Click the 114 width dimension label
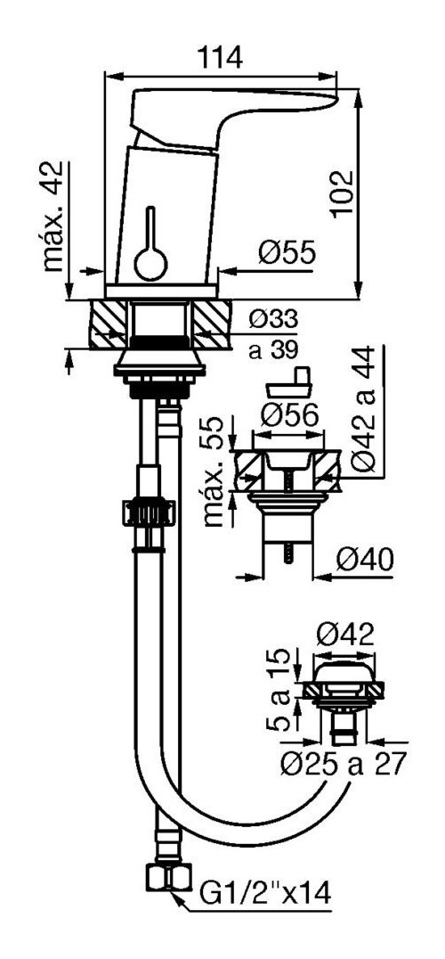point(220,58)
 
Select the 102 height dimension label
point(342,194)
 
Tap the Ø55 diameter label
point(287,252)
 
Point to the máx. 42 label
point(53,217)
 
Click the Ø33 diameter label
point(274,319)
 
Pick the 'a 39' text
point(273,350)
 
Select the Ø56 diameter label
point(289,416)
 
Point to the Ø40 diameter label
point(365,559)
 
